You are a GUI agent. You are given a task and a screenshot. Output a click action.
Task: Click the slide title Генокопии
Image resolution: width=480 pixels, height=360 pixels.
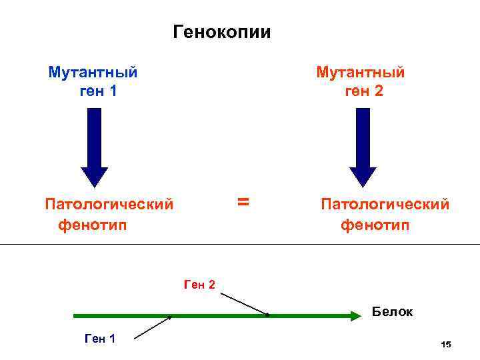[221, 32]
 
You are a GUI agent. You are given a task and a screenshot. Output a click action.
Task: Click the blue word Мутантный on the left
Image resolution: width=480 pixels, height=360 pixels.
[93, 72]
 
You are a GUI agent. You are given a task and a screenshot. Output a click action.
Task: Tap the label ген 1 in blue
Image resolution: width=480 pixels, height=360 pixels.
[98, 91]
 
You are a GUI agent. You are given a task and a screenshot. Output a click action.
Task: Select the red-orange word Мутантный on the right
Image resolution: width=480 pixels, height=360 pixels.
[360, 72]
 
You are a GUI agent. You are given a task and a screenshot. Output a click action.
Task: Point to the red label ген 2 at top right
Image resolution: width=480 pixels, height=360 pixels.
[364, 91]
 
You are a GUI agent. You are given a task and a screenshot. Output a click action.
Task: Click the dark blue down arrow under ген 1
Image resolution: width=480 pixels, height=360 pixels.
[94, 147]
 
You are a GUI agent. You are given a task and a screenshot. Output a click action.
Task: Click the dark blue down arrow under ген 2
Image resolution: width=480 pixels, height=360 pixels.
[363, 147]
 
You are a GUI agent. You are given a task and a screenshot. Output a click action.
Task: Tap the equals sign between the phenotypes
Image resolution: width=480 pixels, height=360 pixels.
[243, 201]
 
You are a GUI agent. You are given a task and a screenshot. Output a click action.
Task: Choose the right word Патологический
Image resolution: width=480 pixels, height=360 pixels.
[385, 203]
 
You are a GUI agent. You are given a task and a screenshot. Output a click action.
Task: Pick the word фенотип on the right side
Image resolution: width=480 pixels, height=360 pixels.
[375, 225]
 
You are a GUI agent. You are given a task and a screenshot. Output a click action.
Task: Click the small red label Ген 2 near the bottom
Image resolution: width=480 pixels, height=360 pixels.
[199, 285]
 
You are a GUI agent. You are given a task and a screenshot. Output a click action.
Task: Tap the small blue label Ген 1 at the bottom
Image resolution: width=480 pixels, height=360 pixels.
[101, 339]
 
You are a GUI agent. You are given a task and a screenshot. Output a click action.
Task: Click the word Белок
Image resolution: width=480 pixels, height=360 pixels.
[392, 311]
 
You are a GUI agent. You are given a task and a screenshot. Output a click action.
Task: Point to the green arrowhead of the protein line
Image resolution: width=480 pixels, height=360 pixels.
[355, 316]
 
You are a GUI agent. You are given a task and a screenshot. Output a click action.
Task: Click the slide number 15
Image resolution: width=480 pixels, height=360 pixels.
[446, 344]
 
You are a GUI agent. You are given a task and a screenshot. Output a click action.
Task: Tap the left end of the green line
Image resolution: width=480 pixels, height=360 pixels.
[75, 316]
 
